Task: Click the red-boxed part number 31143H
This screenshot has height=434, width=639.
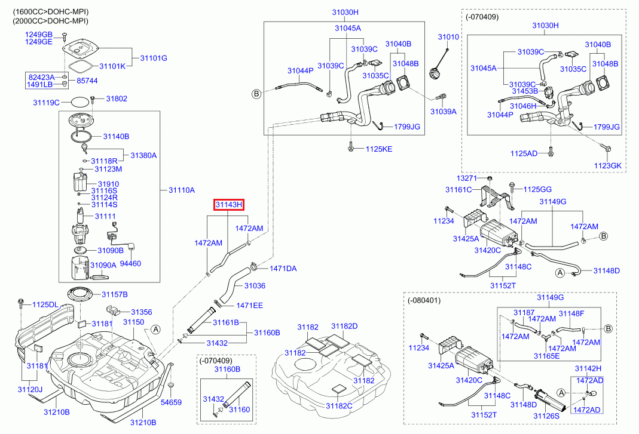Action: [229, 204]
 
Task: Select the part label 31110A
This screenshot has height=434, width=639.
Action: [182, 190]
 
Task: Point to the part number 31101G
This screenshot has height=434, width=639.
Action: [154, 59]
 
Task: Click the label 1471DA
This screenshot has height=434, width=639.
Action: [283, 269]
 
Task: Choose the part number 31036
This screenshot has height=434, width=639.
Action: [255, 286]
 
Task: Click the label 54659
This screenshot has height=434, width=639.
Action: [171, 402]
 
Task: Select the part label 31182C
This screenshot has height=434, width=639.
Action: [339, 406]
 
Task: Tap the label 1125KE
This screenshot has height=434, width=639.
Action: [379, 149]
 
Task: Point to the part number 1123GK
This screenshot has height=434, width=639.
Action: [608, 166]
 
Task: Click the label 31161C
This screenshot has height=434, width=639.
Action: [458, 190]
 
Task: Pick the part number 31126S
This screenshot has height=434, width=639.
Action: [546, 415]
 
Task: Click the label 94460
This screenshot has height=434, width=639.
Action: [130, 264]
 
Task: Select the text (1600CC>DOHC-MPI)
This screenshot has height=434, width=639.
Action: [51, 12]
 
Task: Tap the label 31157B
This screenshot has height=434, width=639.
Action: [115, 294]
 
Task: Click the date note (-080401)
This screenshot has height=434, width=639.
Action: [424, 300]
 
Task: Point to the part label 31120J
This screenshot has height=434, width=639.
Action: [30, 390]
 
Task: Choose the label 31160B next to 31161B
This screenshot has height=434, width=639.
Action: [267, 333]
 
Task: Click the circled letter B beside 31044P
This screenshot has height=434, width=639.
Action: [256, 94]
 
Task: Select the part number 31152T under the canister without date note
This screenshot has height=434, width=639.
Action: [503, 286]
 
